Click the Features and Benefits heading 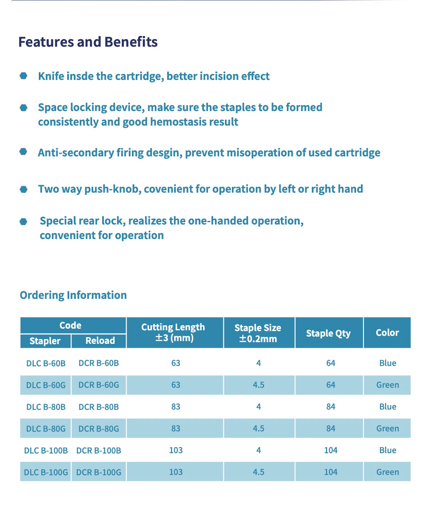(88, 42)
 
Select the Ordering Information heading (73, 295)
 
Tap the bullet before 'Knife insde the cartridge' (24, 76)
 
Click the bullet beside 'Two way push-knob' (24, 189)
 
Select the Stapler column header (45, 341)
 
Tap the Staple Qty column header (328, 333)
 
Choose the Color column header (387, 333)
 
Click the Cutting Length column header (173, 332)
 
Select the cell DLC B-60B (46, 363)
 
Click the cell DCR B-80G (99, 429)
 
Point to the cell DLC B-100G (46, 472)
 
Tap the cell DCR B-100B (99, 450)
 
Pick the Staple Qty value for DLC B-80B (331, 407)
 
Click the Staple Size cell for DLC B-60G (259, 385)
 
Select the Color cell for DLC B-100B (388, 450)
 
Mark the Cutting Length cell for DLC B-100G (176, 472)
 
